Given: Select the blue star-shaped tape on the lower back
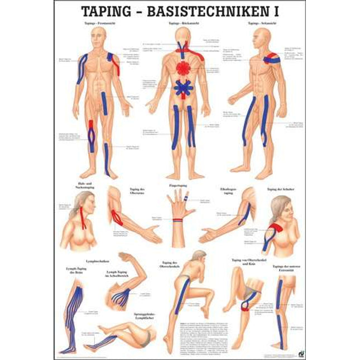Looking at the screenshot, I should pyautogui.click(x=183, y=88).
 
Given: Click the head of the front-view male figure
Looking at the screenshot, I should pyautogui.click(x=99, y=35).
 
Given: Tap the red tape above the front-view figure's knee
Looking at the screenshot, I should pyautogui.click(x=91, y=124).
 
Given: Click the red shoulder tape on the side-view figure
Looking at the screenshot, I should pyautogui.click(x=273, y=57).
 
